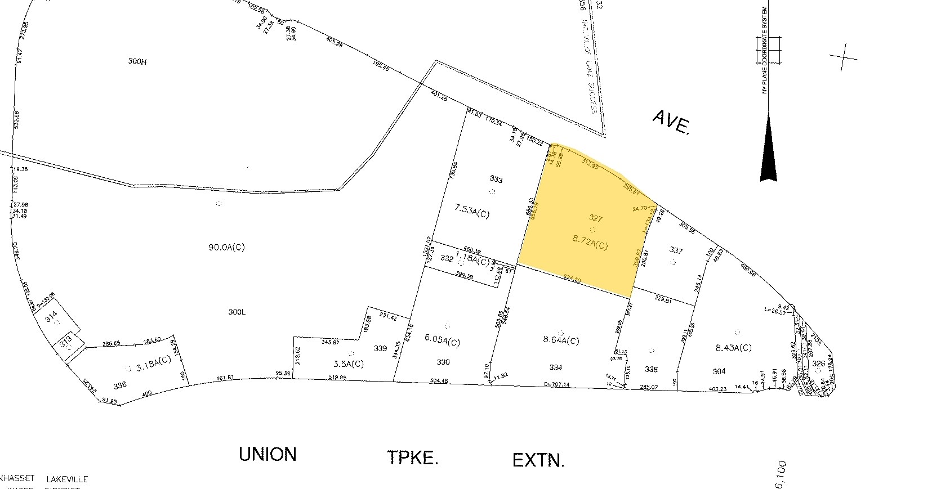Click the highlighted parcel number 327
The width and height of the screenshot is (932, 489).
[595, 218]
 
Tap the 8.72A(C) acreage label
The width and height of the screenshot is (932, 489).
[590, 245]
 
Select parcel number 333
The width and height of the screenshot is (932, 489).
[496, 180]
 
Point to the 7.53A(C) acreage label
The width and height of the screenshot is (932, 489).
[472, 210]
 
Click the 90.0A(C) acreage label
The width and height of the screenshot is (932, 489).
[226, 247]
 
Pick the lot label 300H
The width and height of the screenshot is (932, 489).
[137, 61]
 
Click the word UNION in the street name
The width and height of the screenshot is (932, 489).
[267, 454]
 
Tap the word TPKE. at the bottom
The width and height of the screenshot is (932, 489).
[412, 458]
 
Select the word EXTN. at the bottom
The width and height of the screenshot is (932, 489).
[538, 460]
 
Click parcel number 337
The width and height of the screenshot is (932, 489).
[676, 249]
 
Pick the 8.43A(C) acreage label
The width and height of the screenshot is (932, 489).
[733, 348]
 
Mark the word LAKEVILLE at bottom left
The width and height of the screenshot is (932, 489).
[67, 479]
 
